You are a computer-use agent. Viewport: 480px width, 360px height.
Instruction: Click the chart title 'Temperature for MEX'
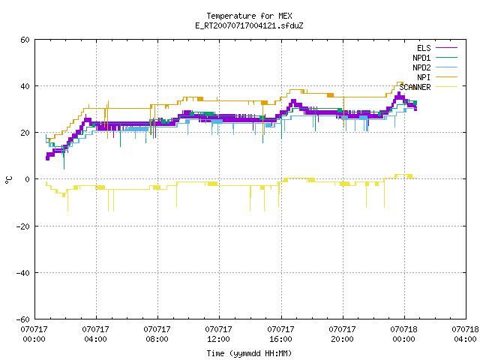[x=249, y=16]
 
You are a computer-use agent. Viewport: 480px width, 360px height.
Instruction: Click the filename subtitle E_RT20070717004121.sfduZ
[x=249, y=25]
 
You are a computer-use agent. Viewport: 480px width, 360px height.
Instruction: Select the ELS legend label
[x=424, y=48]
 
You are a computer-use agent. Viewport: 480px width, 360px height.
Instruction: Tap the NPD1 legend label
[x=421, y=58]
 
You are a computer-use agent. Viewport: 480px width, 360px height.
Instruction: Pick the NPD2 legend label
[x=421, y=67]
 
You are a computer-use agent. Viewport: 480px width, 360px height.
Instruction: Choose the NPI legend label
[x=424, y=77]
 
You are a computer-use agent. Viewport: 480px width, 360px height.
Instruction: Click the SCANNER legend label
[x=415, y=87]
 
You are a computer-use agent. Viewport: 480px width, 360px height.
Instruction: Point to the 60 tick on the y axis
[x=25, y=40]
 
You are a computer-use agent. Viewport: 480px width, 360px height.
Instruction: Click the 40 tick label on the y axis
[x=25, y=86]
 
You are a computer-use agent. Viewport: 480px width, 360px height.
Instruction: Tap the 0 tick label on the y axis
[x=28, y=179]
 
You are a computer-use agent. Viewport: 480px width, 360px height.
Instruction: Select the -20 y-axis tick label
[x=23, y=226]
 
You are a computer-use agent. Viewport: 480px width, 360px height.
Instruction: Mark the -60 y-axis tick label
[x=23, y=319]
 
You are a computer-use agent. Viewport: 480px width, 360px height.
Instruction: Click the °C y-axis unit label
[x=8, y=180]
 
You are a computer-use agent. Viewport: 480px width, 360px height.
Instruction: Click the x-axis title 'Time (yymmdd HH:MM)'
[x=249, y=353]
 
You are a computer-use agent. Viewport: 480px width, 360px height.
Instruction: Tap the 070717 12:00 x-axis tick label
[x=218, y=334]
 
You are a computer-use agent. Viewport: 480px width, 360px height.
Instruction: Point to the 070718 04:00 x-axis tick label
[x=465, y=334]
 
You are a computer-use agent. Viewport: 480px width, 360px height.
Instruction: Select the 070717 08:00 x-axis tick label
[x=157, y=334]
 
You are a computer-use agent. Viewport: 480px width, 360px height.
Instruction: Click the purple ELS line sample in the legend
[x=446, y=48]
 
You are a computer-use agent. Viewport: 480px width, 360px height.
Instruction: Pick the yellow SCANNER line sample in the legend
[x=446, y=87]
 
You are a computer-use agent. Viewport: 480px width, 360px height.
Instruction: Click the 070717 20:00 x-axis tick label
[x=342, y=334]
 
